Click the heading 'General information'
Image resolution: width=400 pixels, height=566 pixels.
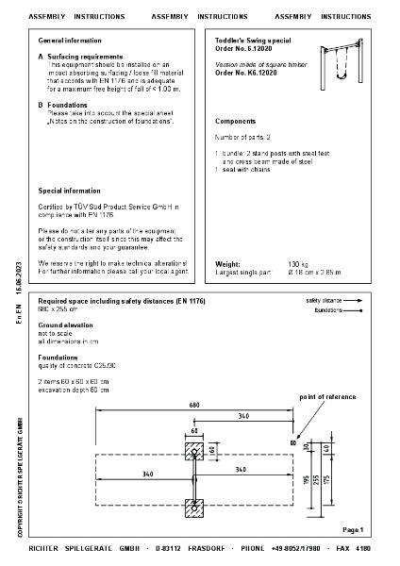(70, 42)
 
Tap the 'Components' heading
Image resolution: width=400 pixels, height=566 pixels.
(235, 122)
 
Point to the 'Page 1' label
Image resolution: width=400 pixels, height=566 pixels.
(353, 531)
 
